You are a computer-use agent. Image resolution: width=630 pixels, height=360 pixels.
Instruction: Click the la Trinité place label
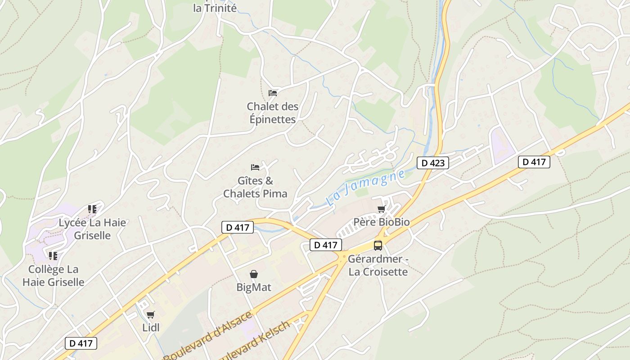pos(215,8)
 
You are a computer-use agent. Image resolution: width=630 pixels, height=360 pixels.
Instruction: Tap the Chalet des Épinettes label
pos(272,113)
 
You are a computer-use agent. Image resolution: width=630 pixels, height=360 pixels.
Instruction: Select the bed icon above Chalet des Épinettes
pos(273,93)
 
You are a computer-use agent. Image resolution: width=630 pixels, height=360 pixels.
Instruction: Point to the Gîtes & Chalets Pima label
pos(255,187)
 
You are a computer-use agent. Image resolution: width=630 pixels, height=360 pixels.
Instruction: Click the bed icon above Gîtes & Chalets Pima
pos(255,167)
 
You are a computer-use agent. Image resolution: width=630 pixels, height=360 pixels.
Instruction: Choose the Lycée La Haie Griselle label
pos(92,229)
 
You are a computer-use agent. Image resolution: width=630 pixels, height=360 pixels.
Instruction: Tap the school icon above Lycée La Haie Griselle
pos(92,209)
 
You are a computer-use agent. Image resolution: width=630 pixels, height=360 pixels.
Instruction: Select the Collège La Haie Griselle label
pos(53,275)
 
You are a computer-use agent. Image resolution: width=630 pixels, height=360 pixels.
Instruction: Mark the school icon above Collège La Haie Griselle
pos(53,256)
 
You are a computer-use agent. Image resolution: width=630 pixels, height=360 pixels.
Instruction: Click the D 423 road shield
pos(433,163)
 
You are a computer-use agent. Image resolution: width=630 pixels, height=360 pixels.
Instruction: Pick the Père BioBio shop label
pos(381,222)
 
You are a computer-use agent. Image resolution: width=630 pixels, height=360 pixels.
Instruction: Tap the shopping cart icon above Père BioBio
pos(381,209)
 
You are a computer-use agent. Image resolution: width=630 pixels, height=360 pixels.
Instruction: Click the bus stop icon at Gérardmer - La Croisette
pos(378,246)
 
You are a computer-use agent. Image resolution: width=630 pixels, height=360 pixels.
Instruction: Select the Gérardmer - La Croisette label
pos(378,265)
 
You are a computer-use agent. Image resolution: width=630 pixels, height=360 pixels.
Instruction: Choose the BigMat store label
pos(254,287)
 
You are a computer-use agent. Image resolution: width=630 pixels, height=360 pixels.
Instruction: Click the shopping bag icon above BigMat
pos(254,274)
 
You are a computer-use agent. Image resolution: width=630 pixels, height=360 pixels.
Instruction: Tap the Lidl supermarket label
pos(151,328)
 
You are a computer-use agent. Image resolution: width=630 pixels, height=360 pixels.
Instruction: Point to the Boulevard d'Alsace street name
pos(208,336)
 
